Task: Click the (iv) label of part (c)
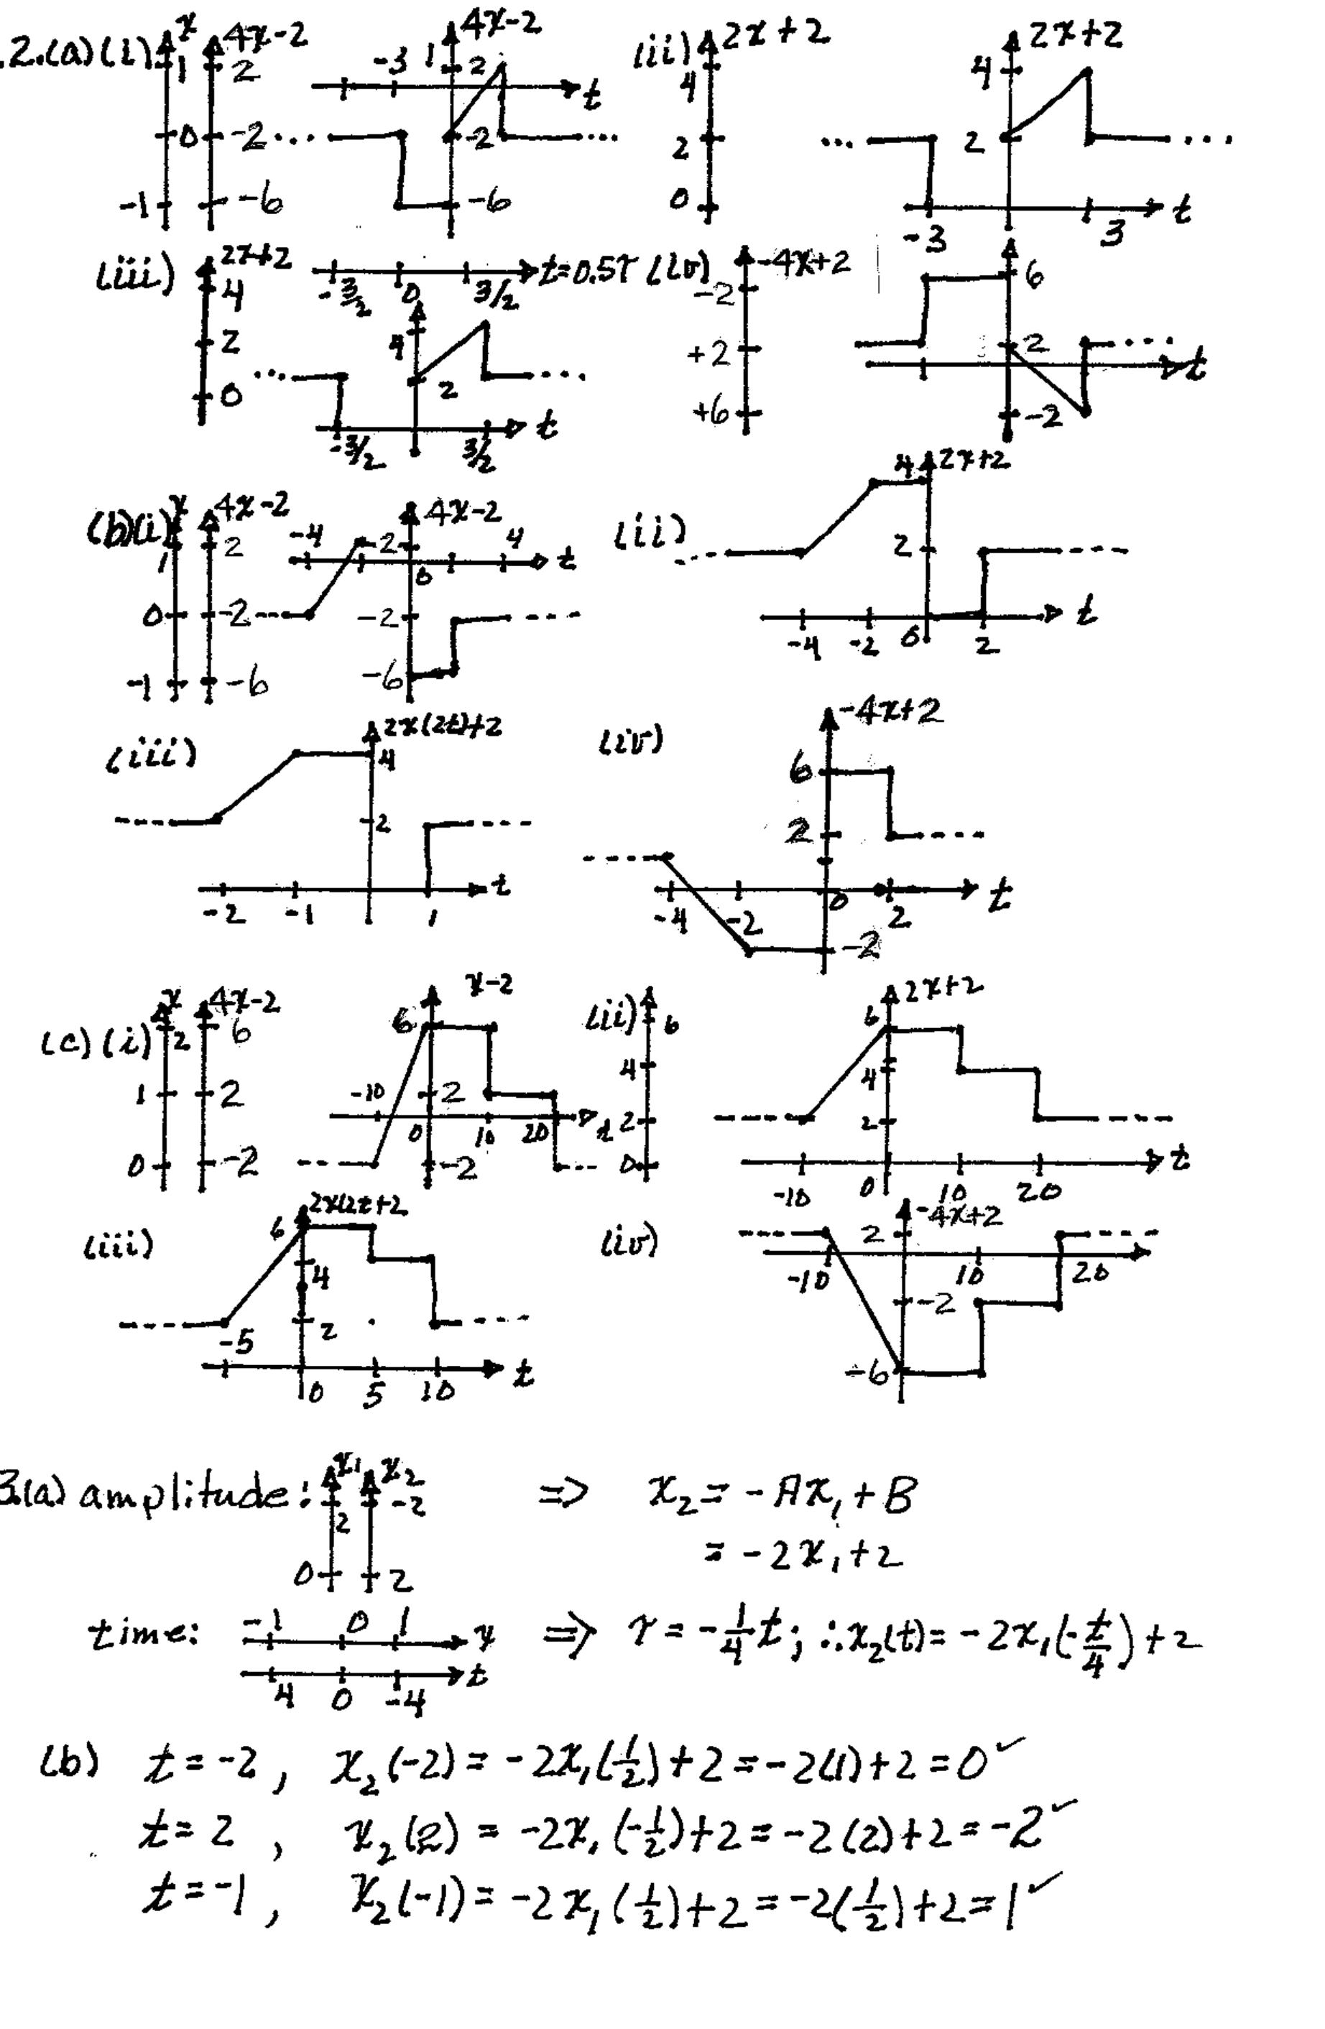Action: (627, 1246)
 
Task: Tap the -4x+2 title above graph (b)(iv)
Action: (890, 711)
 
